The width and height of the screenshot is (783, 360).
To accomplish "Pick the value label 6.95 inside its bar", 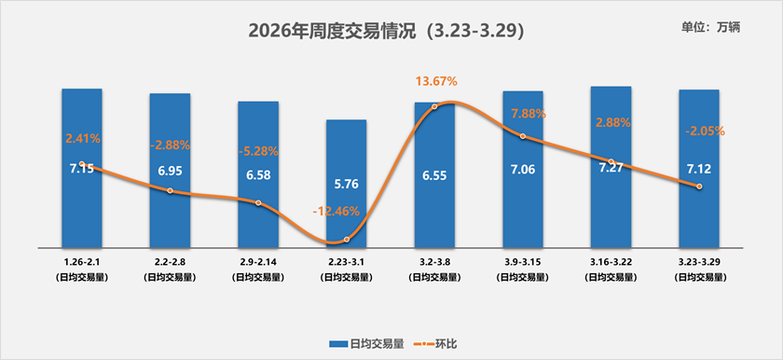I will tap(170, 172).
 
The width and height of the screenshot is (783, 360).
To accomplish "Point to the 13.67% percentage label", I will tap(436, 82).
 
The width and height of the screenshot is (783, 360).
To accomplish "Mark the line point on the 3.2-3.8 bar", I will tap(435, 106).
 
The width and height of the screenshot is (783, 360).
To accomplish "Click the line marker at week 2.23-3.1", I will tap(347, 240).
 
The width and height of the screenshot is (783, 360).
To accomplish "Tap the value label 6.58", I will tap(258, 175).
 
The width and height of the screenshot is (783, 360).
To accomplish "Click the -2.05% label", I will tap(699, 132).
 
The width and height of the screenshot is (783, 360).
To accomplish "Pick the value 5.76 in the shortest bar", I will tap(346, 184).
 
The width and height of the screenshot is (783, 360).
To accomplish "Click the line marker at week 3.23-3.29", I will tap(699, 187).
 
